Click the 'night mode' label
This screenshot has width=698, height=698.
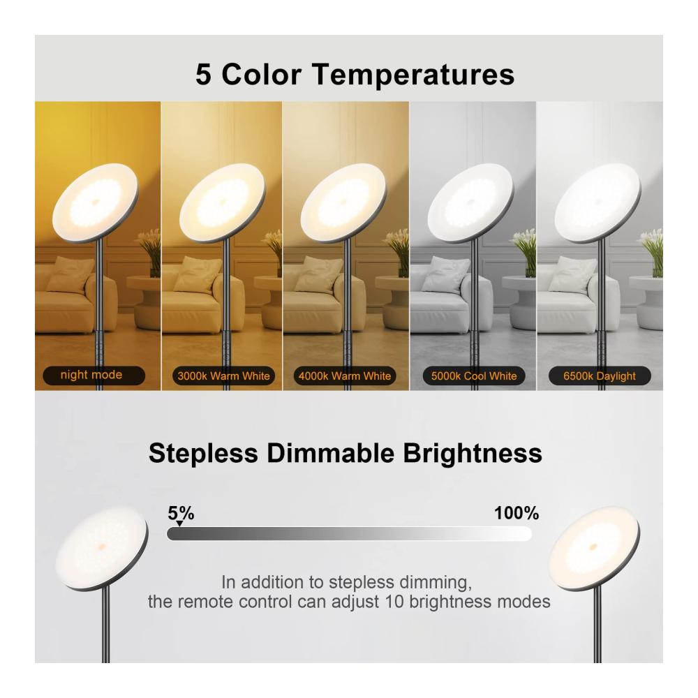coord(94,376)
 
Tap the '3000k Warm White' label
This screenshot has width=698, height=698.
coord(223,376)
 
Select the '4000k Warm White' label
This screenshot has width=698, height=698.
coord(345,376)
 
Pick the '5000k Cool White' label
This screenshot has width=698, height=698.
coord(474,376)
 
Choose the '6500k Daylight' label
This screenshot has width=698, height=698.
coord(600,376)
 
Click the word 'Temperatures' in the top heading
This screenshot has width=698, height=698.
coord(413,75)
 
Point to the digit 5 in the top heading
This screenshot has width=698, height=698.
coord(203,74)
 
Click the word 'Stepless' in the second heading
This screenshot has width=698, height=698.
coord(203,454)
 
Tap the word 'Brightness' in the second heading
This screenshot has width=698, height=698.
coord(473,453)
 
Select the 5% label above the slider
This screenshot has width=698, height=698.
coord(181,513)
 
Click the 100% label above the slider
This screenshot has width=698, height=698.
coord(517,513)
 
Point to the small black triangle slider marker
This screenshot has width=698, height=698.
coord(179,523)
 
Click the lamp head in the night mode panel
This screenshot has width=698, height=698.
coord(95,202)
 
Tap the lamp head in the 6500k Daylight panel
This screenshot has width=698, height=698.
coord(598,202)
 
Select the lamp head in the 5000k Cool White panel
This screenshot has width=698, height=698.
coord(470,202)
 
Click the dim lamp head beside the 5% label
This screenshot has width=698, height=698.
coord(102,549)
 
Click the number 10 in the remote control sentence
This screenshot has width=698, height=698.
coord(394,602)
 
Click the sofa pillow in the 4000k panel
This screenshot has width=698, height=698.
coord(318,273)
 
